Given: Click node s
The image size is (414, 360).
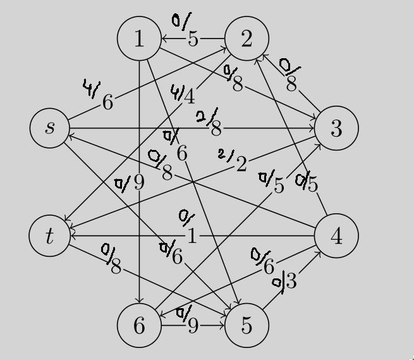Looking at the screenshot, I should pyautogui.click(x=49, y=128).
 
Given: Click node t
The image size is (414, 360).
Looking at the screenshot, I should pyautogui.click(x=49, y=235).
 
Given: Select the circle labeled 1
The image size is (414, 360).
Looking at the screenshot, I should pyautogui.click(x=138, y=39).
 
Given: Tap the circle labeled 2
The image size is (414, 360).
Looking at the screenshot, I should pyautogui.click(x=246, y=39).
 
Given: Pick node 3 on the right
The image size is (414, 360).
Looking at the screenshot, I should pyautogui.click(x=336, y=128).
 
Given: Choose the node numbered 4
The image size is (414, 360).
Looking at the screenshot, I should pyautogui.click(x=336, y=235).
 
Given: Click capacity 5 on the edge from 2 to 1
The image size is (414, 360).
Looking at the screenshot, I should pyautogui.click(x=193, y=39).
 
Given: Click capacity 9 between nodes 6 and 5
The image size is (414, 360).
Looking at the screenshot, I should pyautogui.click(x=193, y=326).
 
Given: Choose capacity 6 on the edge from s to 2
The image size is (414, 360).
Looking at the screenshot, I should pyautogui.click(x=108, y=102).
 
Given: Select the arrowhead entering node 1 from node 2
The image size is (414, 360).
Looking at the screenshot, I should pyautogui.click(x=163, y=39).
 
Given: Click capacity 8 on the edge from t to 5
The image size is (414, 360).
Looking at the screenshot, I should pyautogui.click(x=116, y=266).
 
